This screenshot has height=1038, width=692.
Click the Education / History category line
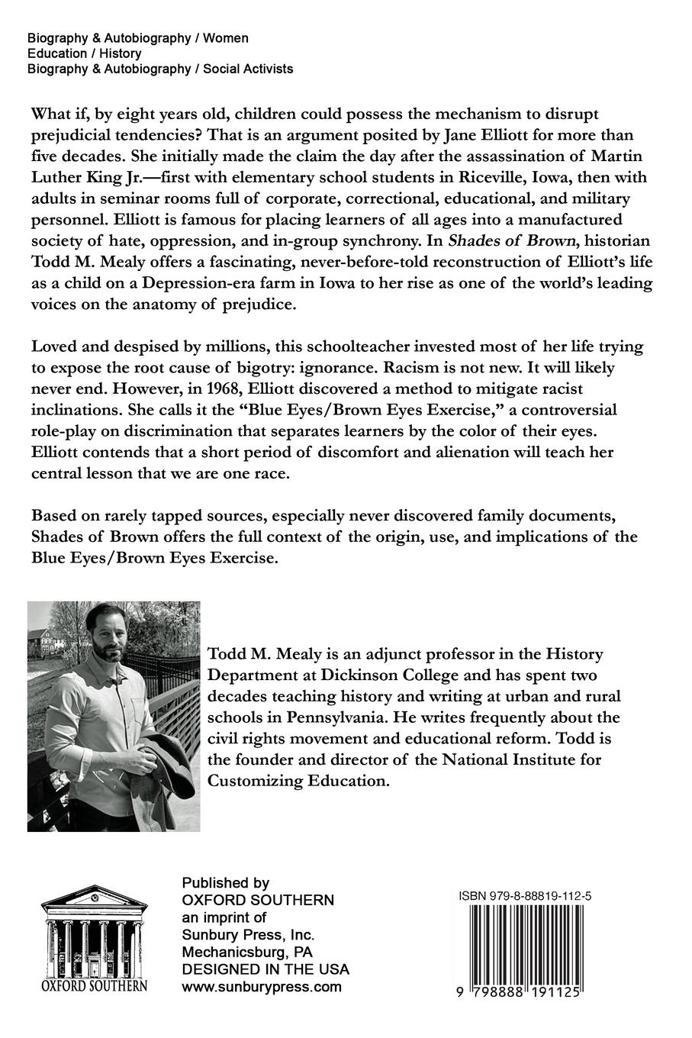click(x=84, y=53)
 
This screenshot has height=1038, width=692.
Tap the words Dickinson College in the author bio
click(x=412, y=675)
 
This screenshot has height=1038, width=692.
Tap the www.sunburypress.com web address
click(x=262, y=987)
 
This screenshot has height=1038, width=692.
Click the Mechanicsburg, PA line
click(x=247, y=952)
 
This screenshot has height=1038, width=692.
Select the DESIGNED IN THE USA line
click(x=266, y=969)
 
